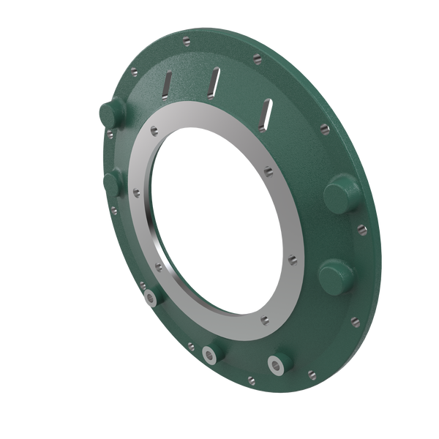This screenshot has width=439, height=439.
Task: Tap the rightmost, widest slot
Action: [266, 111]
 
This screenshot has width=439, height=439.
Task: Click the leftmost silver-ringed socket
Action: [151, 296]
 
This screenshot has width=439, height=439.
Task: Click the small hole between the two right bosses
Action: [362, 228]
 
